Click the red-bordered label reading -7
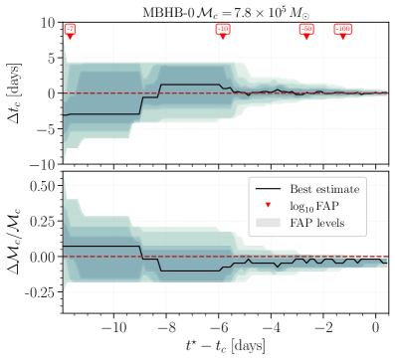point(70,29)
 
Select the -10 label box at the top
point(222,29)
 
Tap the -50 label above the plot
point(306,29)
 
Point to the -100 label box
point(342,29)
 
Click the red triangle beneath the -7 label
point(70,38)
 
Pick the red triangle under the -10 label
point(222,38)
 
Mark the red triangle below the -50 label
point(306,38)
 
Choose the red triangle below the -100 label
point(342,38)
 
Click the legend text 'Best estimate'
point(324,189)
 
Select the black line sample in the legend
point(268,189)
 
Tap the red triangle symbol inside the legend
point(268,205)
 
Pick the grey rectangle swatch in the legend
point(268,223)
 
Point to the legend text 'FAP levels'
point(317,223)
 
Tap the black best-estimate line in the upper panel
point(99,113)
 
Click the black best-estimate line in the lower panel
point(99,247)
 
